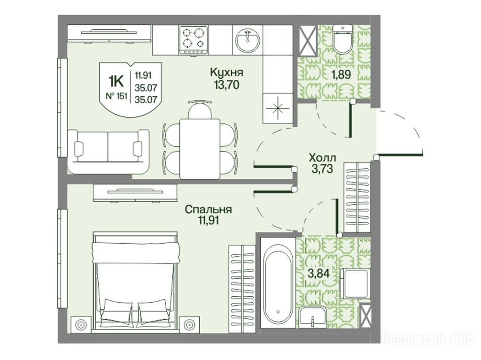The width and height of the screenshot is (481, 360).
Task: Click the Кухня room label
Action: tap(226, 72)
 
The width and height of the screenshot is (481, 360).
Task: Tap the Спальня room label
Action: tap(208, 209)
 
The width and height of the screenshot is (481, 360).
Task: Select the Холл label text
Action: tap(322, 158)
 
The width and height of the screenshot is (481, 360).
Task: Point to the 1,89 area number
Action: tap(341, 75)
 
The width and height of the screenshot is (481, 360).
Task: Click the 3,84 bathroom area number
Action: tap(319, 273)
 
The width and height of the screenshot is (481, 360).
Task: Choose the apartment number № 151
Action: tap(116, 96)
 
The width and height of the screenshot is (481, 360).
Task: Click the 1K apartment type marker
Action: tap(116, 82)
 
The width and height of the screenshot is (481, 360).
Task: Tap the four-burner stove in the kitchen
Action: tap(194, 40)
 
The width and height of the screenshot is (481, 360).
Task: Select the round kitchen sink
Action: tap(248, 40)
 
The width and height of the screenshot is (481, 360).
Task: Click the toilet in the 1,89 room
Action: tap(342, 39)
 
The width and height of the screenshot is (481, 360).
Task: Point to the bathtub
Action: tap(278, 283)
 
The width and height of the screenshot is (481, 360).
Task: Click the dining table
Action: tap(200, 149)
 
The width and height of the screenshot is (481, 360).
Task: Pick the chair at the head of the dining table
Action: tap(200, 109)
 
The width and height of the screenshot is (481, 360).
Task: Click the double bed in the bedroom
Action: tap(135, 281)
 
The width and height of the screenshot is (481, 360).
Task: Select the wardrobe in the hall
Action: tap(357, 197)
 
